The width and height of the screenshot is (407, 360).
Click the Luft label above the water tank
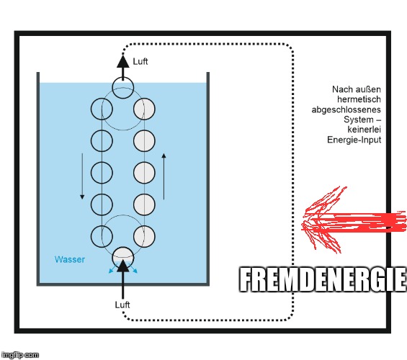pyautogui.click(x=140, y=61)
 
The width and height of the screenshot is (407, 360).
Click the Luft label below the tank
pyautogui.click(x=122, y=305)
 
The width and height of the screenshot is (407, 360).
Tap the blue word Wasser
pyautogui.click(x=70, y=259)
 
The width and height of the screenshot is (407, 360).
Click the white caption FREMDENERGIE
pyautogui.click(x=323, y=280)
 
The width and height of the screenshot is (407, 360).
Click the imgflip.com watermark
pyautogui.click(x=19, y=354)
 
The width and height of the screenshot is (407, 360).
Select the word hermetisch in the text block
pyautogui.click(x=359, y=99)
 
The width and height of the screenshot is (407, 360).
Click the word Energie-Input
pyautogui.click(x=354, y=140)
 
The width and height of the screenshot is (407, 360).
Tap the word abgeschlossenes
pyautogui.click(x=346, y=109)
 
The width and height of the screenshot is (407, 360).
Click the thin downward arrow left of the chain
pyautogui.click(x=82, y=176)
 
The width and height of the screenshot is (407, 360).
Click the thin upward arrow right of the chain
pyautogui.click(x=164, y=176)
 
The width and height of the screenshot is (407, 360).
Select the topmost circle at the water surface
pyautogui.click(x=122, y=88)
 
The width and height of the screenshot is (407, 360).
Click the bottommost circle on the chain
pyautogui.click(x=122, y=258)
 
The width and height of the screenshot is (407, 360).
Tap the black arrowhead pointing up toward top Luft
pyautogui.click(x=122, y=62)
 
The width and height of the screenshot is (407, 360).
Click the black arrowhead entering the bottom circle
pyautogui.click(x=122, y=266)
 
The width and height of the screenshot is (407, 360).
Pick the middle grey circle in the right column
pyautogui.click(x=144, y=173)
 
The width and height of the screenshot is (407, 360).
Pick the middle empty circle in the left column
pyautogui.click(x=102, y=173)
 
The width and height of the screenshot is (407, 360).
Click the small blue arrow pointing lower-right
pyautogui.click(x=133, y=269)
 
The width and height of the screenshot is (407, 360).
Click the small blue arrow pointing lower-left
pyautogui.click(x=112, y=269)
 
